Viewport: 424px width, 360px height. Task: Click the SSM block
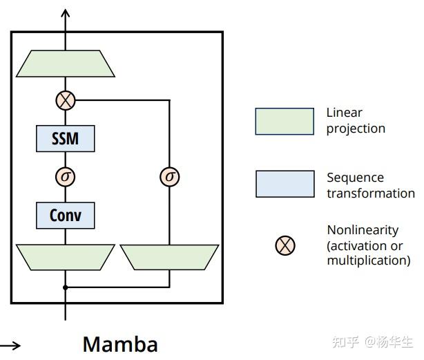(x=65, y=139)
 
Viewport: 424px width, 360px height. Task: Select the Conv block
(x=65, y=215)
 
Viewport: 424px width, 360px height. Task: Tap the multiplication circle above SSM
(x=65, y=101)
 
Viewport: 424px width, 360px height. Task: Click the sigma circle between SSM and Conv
(x=65, y=177)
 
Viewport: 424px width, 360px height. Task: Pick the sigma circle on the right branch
(x=169, y=177)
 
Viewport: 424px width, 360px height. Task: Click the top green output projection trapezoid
(x=65, y=64)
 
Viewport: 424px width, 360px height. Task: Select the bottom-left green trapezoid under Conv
(x=65, y=256)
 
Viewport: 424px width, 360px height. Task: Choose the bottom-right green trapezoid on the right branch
(x=169, y=256)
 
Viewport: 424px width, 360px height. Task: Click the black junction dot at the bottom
(x=65, y=287)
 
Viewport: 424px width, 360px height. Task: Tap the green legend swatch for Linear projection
(x=285, y=121)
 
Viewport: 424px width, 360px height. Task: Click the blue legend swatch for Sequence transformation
(x=285, y=184)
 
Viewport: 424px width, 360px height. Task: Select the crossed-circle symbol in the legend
(x=285, y=245)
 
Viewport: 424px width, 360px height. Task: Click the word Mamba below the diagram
(x=120, y=343)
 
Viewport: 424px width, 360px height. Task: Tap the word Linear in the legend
(x=344, y=113)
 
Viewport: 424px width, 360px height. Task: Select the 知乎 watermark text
(x=345, y=342)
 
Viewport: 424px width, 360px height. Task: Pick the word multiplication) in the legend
(x=368, y=260)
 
